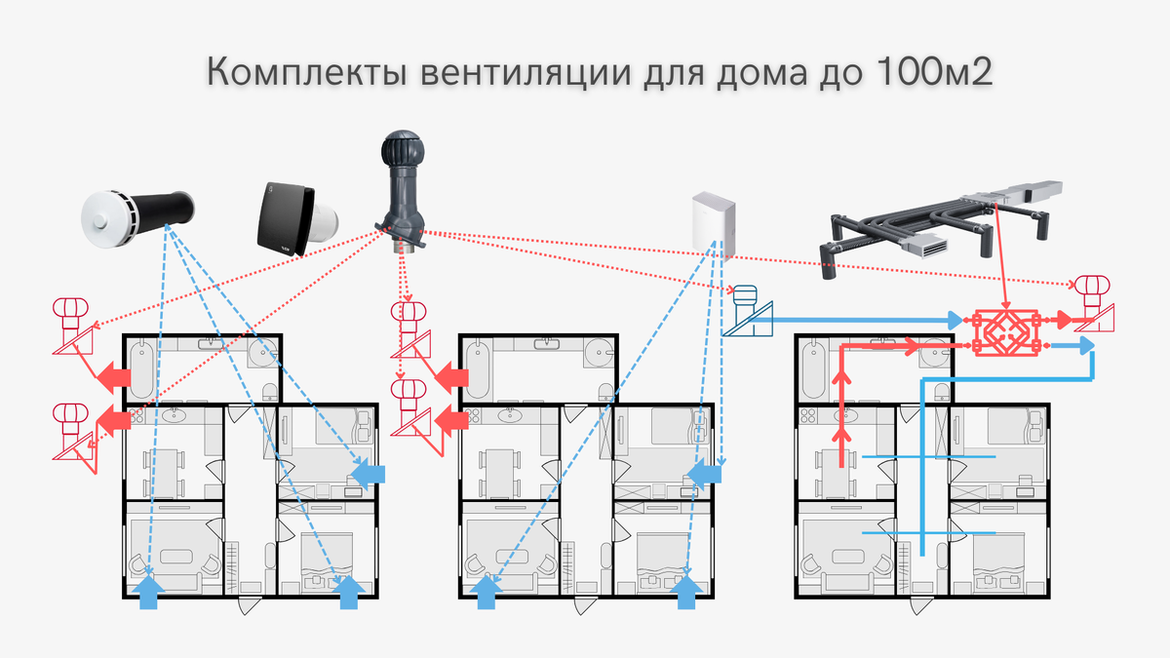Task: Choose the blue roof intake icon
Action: [x=748, y=312]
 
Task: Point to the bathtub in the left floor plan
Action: [x=142, y=368]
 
